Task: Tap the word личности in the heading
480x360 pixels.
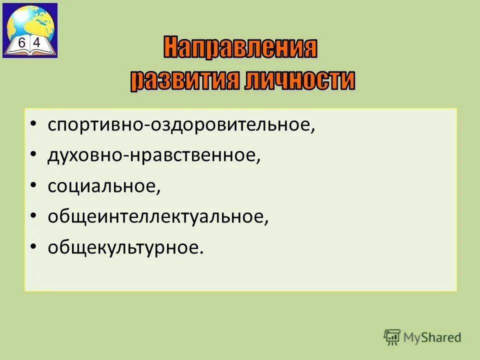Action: click(300, 80)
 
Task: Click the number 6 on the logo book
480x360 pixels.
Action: click(21, 43)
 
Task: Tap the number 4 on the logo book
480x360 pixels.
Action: click(37, 43)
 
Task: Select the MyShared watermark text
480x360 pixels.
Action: click(433, 337)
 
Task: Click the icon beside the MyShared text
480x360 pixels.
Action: click(392, 336)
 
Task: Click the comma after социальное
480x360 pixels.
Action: click(159, 191)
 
